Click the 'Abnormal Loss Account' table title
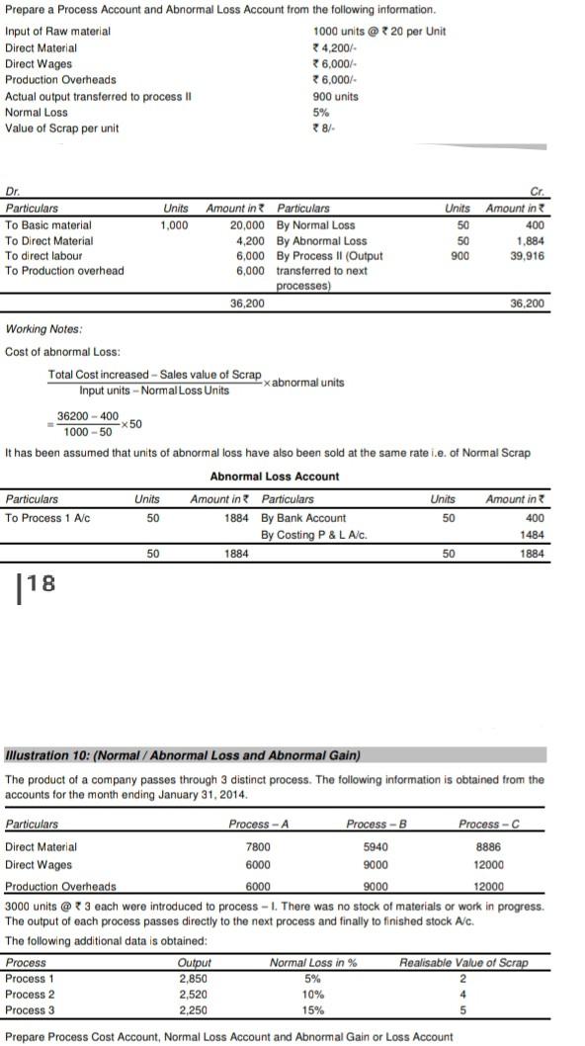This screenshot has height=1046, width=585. (x=275, y=477)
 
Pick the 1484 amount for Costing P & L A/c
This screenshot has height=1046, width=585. (x=532, y=535)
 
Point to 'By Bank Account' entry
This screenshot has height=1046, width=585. (x=303, y=518)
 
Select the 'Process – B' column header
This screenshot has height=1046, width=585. (x=372, y=824)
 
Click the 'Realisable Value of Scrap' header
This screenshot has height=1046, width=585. (x=463, y=962)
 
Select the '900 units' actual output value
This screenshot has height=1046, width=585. (x=335, y=96)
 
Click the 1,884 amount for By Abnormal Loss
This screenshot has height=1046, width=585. (x=531, y=240)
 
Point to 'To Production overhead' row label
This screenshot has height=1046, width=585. (x=64, y=271)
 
